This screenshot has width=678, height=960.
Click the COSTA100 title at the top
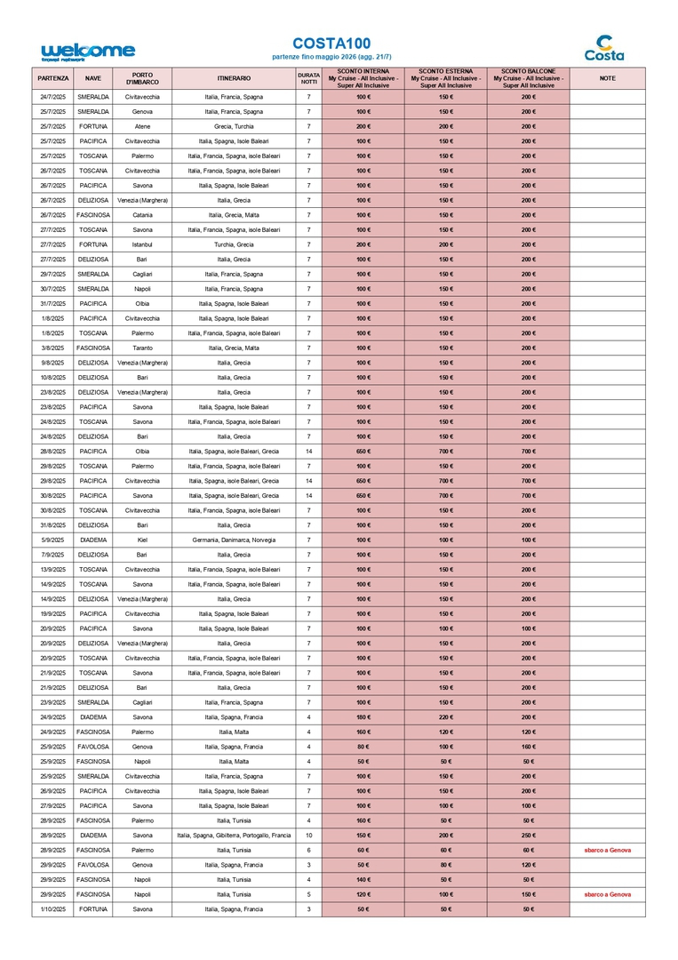tap(331, 44)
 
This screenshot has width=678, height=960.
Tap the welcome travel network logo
tap(88, 52)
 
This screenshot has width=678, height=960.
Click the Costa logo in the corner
tap(604, 48)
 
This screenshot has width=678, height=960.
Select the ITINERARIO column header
tap(234, 78)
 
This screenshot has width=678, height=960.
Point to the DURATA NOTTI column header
tap(308, 78)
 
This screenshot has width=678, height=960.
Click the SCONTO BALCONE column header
tap(528, 78)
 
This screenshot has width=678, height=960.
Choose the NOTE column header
tap(607, 78)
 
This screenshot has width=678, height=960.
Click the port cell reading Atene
tap(142, 126)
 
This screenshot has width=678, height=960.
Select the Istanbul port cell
tap(142, 244)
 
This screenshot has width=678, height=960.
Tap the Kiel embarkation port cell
tap(142, 540)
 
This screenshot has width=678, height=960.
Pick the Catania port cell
tap(142, 215)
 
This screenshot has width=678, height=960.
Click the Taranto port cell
tap(142, 348)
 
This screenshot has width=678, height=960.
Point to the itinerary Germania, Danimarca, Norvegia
tap(234, 540)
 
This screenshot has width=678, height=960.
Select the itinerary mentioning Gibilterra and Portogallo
tap(234, 836)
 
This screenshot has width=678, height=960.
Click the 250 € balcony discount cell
tap(528, 836)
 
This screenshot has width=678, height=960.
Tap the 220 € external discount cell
tap(445, 717)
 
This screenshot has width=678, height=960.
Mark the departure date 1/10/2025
tap(53, 909)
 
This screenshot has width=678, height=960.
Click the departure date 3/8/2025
tap(53, 348)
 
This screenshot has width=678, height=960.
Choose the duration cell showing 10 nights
tap(308, 836)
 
